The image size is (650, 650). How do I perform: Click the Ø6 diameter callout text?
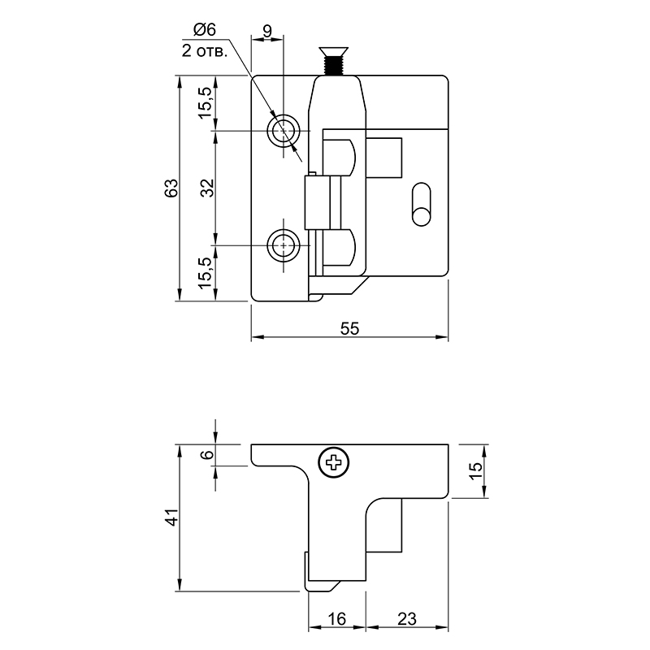tap(205, 30)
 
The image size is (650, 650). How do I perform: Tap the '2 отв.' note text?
tap(205, 51)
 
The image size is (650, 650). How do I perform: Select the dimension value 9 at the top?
tap(268, 31)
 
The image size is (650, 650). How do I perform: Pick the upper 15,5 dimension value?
tap(206, 103)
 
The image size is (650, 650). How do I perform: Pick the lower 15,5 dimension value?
tap(206, 273)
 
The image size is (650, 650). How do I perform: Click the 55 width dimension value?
tap(349, 329)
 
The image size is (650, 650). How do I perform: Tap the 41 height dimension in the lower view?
tap(171, 518)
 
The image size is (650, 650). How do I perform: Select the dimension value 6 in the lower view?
tap(207, 455)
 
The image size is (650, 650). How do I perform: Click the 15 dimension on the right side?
tap(476, 470)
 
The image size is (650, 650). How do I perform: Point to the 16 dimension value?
tap(336, 619)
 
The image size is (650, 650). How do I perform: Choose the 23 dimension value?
tap(407, 619)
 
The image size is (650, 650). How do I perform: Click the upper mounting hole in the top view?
tap(284, 131)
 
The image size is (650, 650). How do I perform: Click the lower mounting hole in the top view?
tap(284, 245)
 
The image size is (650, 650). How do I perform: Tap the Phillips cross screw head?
tap(334, 462)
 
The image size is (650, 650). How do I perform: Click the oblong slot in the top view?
tap(421, 204)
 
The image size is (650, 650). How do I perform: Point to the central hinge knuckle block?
tap(323, 202)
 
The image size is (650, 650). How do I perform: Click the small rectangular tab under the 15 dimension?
tap(383, 526)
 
